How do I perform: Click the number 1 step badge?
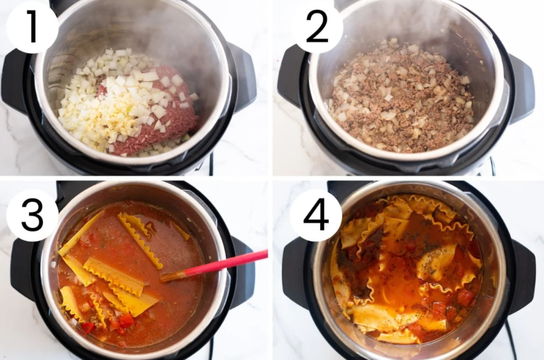click(32, 27)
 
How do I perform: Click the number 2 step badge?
click(317, 27)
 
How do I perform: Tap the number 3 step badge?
click(32, 215)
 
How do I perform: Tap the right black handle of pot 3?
click(243, 272)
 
